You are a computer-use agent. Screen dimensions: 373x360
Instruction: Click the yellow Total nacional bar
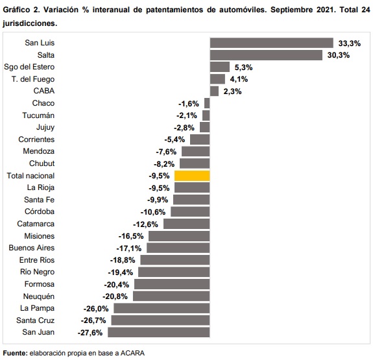192,176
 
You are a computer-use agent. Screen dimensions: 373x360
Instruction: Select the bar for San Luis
272,43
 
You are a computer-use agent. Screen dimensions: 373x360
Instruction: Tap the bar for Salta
266,55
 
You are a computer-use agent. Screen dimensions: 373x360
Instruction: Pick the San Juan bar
159,332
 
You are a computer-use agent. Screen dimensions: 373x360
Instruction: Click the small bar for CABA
214,91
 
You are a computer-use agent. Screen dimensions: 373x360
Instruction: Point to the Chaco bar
207,103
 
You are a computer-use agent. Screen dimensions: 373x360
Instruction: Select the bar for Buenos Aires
178,248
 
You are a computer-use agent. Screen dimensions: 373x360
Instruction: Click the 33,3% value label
350,43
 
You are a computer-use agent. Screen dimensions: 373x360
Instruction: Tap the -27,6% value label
90,333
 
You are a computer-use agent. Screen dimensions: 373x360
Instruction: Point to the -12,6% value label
145,224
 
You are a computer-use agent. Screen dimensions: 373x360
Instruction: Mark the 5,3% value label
244,67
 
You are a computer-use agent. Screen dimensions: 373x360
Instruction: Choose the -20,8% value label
115,296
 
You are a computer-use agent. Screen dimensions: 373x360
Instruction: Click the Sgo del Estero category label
29,67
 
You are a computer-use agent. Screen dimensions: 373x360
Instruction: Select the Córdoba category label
40,211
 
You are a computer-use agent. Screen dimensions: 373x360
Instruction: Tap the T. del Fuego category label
33,79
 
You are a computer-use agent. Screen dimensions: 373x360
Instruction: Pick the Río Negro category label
38,272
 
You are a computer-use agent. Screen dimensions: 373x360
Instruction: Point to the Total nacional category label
30,176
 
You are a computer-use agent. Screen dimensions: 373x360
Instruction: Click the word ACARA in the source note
132,353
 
